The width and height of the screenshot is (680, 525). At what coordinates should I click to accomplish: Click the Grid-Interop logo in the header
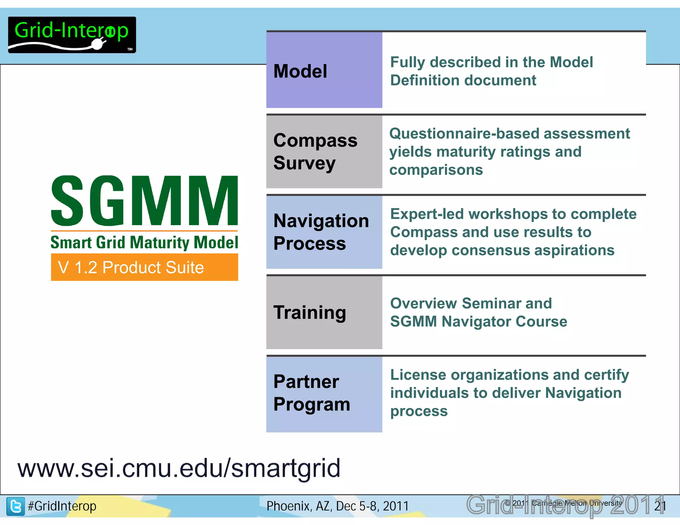point(72,35)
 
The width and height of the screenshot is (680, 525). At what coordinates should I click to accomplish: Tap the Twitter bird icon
point(16,506)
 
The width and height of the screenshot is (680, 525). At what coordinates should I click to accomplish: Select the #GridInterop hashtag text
point(62,506)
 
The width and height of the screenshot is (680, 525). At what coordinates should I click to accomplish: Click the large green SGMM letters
point(144,201)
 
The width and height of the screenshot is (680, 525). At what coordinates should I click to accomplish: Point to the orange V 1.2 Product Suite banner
point(144,267)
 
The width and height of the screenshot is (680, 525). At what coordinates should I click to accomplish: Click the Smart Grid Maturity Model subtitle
point(144,242)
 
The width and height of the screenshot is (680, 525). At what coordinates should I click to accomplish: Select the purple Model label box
point(324,70)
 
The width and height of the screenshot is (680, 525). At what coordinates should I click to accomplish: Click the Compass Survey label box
point(324,152)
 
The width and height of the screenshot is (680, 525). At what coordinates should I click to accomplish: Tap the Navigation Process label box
point(324,232)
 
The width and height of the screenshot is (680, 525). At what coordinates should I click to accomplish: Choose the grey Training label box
point(324,312)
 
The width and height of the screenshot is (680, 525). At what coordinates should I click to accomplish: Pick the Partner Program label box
point(324,393)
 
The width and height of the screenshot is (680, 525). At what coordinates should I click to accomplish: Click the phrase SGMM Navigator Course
point(478,322)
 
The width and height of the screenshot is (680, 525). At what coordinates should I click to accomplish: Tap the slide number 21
point(660,506)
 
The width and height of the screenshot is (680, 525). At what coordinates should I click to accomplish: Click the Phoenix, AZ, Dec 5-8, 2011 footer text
point(337,506)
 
